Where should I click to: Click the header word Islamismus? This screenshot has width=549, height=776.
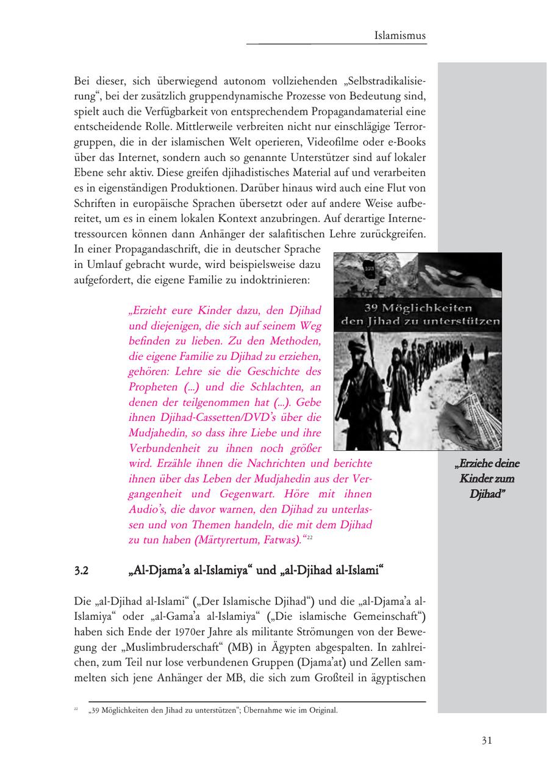pyautogui.click(x=400, y=36)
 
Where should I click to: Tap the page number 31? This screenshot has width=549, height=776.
pyautogui.click(x=486, y=741)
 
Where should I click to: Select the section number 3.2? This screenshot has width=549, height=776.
pyautogui.click(x=82, y=572)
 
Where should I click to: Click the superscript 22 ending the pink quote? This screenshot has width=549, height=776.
pyautogui.click(x=310, y=536)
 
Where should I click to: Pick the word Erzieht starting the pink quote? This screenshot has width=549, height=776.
pyautogui.click(x=150, y=311)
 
